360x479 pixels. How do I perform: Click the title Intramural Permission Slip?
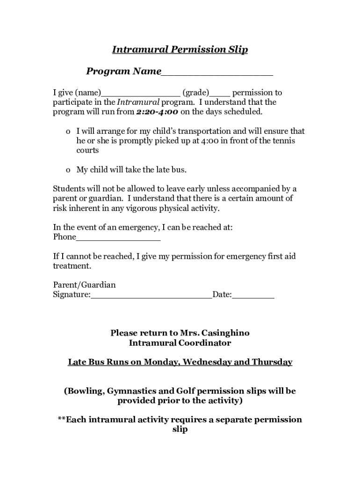(180, 50)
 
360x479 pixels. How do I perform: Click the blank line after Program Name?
(217, 73)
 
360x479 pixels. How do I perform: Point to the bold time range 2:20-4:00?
(157, 112)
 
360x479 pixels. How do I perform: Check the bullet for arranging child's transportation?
(68, 132)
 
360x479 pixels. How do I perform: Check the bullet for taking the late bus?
(68, 170)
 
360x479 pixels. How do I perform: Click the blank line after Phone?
(118, 239)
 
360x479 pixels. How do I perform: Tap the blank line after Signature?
(151, 296)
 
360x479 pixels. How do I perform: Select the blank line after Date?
(253, 296)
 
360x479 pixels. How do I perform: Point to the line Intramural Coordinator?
(180, 343)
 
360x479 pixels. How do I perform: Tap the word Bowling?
(86, 391)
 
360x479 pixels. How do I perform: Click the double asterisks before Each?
(62, 419)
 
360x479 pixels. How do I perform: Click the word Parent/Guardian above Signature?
(84, 285)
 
